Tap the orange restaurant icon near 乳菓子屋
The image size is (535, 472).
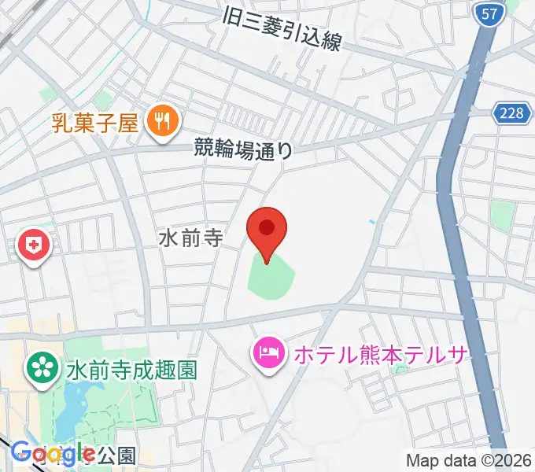(x=164, y=121)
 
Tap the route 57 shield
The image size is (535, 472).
(x=488, y=13)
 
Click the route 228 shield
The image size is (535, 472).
(x=510, y=113)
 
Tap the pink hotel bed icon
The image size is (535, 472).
(x=269, y=352)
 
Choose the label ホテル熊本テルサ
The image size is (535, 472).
(x=382, y=352)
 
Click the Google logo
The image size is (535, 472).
(x=52, y=453)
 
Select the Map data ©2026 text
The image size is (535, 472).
(x=468, y=460)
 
